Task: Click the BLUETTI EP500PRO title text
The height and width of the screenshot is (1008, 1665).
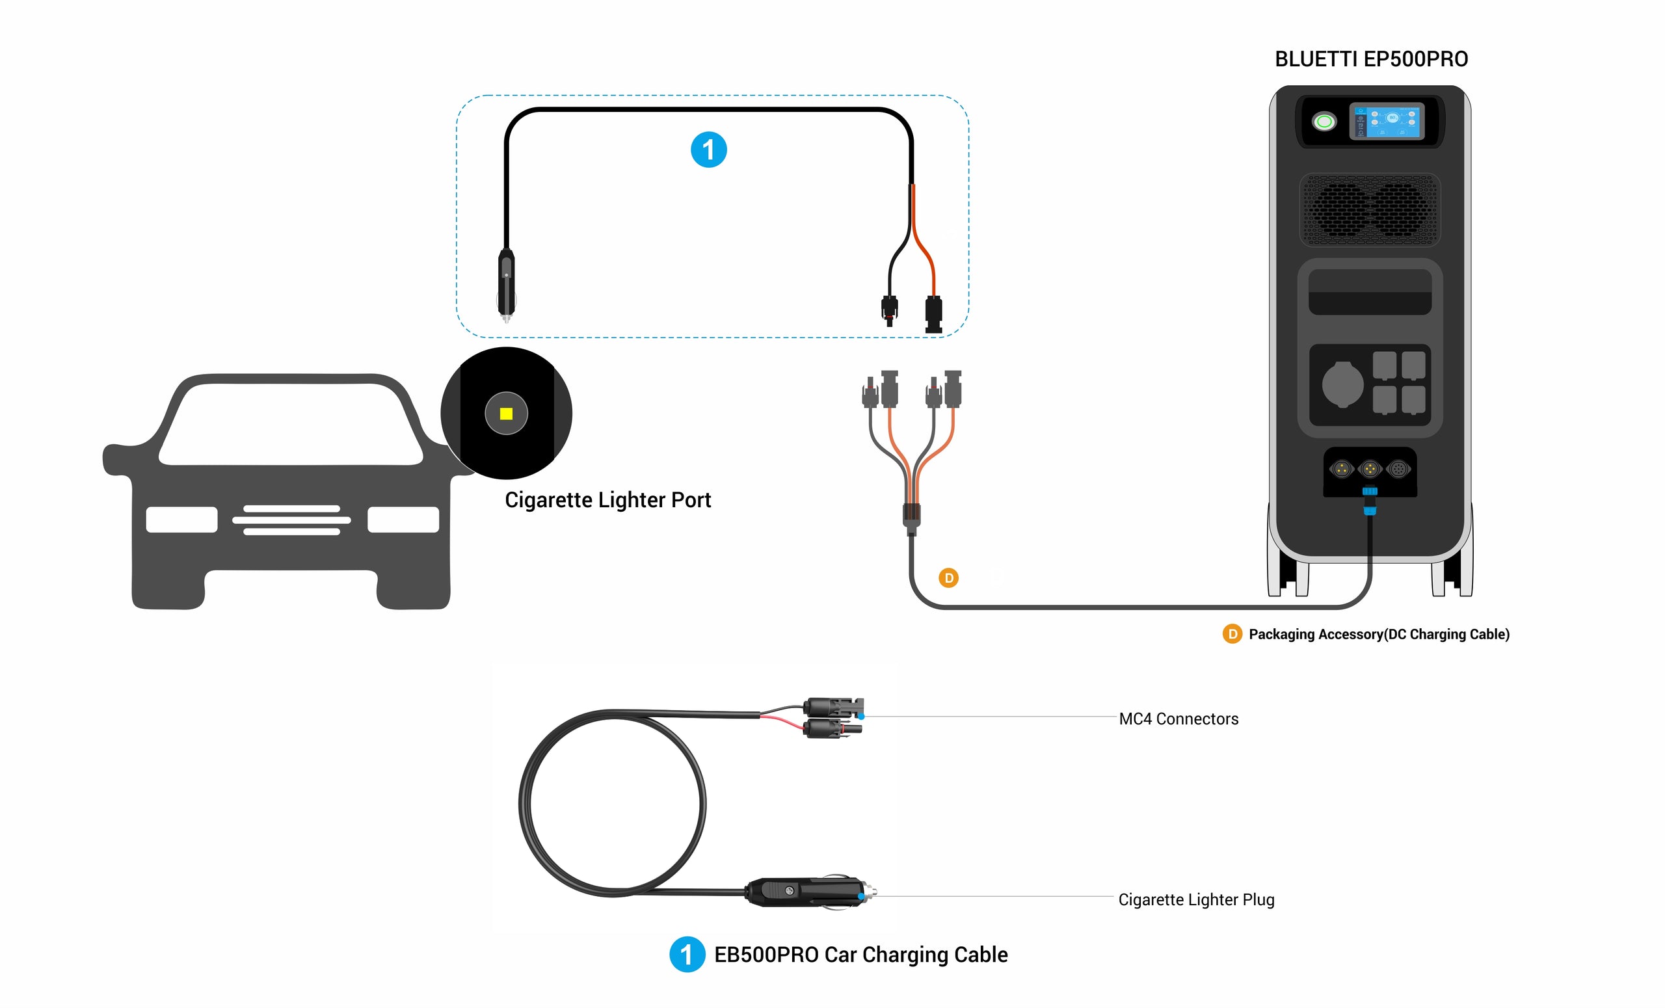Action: click(1370, 59)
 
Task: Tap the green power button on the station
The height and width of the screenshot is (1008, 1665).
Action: click(1324, 122)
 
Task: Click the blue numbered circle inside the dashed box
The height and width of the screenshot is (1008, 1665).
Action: click(708, 150)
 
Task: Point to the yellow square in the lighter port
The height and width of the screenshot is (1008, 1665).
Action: click(506, 414)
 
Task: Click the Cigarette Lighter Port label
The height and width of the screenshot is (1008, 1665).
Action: click(607, 500)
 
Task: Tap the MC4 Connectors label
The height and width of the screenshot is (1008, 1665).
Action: click(1178, 719)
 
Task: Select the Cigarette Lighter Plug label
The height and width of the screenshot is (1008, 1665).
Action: click(1196, 899)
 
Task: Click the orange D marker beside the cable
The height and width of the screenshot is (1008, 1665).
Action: click(948, 577)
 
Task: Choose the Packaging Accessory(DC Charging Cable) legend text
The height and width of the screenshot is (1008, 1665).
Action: click(1378, 633)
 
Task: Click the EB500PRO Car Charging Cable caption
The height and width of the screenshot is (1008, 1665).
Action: click(860, 955)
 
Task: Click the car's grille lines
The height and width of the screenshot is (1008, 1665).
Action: click(291, 520)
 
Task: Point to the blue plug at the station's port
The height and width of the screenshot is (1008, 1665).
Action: click(1370, 500)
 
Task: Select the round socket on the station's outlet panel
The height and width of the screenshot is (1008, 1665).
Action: click(1342, 384)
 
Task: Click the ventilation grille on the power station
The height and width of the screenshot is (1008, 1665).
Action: click(1370, 209)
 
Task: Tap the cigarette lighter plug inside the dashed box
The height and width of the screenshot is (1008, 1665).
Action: click(506, 284)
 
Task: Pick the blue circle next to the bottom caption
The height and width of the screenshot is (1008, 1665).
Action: click(687, 955)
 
